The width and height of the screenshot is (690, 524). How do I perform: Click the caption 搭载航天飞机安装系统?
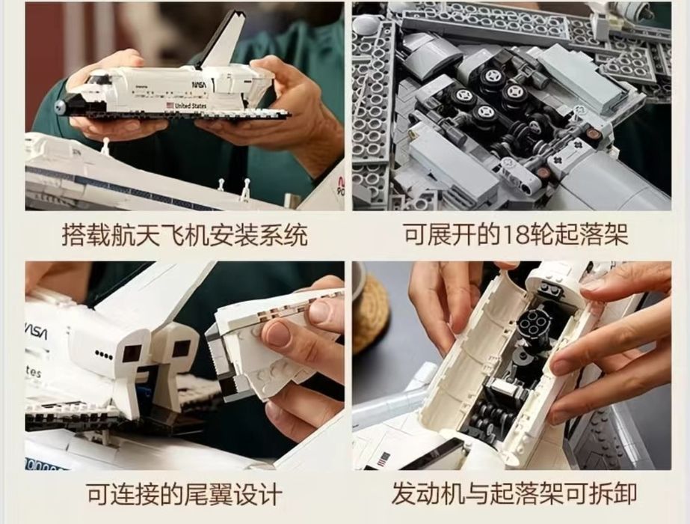185,234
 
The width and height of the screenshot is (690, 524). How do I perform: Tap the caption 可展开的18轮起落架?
516,234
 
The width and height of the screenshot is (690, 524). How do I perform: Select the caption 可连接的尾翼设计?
184,493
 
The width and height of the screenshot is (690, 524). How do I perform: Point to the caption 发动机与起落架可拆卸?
514,493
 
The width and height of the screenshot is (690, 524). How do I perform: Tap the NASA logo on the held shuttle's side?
200,84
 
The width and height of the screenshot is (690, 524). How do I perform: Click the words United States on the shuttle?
190,106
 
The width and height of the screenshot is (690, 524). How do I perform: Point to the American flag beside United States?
170,106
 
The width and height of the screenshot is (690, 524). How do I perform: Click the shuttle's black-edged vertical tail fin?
222,40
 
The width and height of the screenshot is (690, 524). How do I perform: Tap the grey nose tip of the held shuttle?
59,106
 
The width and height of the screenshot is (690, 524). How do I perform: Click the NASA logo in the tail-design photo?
35,330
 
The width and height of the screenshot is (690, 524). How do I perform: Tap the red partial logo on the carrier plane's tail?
339,186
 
